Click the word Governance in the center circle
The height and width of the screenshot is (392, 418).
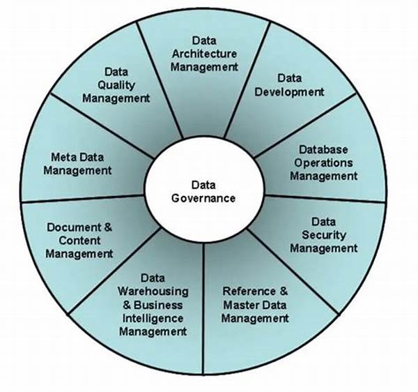coord(203,199)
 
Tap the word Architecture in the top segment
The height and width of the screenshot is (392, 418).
coord(204,54)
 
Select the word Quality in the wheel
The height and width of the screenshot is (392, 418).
coord(116,85)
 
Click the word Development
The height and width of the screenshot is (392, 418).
coord(289,92)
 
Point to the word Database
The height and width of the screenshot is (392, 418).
coord(323,149)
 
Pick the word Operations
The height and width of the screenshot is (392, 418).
coord(323,163)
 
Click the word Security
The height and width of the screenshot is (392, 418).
coord(324,235)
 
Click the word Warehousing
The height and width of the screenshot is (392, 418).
coord(153,292)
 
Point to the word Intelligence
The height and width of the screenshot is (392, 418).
coord(153,318)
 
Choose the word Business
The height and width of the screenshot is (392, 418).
coord(158,305)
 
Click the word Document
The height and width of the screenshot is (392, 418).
coord(74,227)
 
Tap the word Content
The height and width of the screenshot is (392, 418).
coord(79,241)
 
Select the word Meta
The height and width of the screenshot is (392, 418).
coord(61,157)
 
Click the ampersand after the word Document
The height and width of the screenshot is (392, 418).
coord(108,227)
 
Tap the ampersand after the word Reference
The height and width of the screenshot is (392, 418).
coord(284,291)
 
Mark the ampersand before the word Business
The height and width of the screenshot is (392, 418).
coord(127,305)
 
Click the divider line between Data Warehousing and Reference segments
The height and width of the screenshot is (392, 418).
coord(203,309)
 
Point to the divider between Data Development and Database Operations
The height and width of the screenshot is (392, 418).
coord(305,126)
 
